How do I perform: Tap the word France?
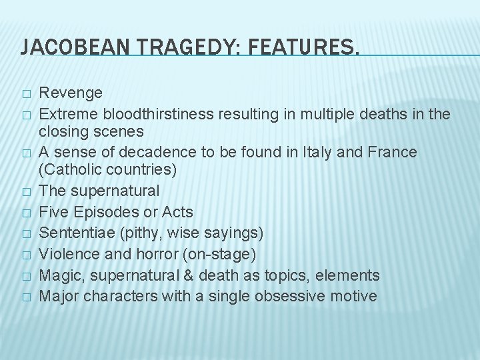[x=394, y=152]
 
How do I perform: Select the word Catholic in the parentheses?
[x=76, y=170]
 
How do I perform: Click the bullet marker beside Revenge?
[x=26, y=93]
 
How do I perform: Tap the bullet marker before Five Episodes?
[x=26, y=213]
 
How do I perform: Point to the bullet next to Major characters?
[x=26, y=296]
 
